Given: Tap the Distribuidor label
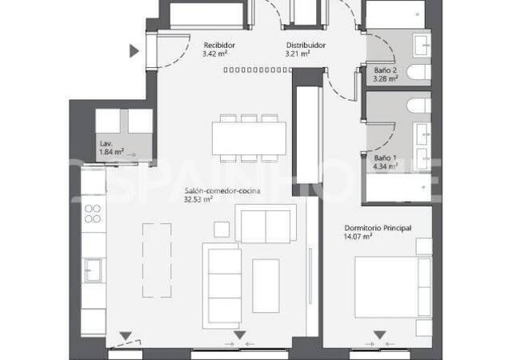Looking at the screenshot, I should click(306, 46).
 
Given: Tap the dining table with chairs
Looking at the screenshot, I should click(248, 137).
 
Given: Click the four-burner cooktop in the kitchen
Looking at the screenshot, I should click(94, 214).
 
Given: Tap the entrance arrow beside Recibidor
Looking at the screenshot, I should click(134, 51).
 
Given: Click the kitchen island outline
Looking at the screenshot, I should click(157, 258).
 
